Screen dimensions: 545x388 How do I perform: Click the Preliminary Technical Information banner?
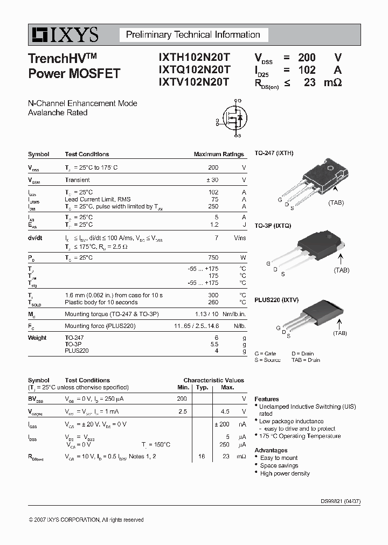[193, 35]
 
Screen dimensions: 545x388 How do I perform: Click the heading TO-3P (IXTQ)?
[273, 226]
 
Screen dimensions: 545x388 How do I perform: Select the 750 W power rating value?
[213, 257]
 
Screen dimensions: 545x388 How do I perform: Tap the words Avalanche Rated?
[58, 113]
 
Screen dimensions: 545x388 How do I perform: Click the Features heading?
[267, 399]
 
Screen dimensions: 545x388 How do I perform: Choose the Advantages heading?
[271, 450]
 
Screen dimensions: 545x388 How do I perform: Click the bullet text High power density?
[285, 473]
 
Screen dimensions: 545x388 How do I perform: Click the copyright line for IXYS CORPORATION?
[86, 520]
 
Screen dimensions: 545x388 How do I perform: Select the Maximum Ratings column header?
[219, 154]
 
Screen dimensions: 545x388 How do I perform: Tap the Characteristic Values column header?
[213, 380]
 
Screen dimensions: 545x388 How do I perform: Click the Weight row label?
[37, 338]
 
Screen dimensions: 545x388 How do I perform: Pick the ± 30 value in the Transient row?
[212, 180]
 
